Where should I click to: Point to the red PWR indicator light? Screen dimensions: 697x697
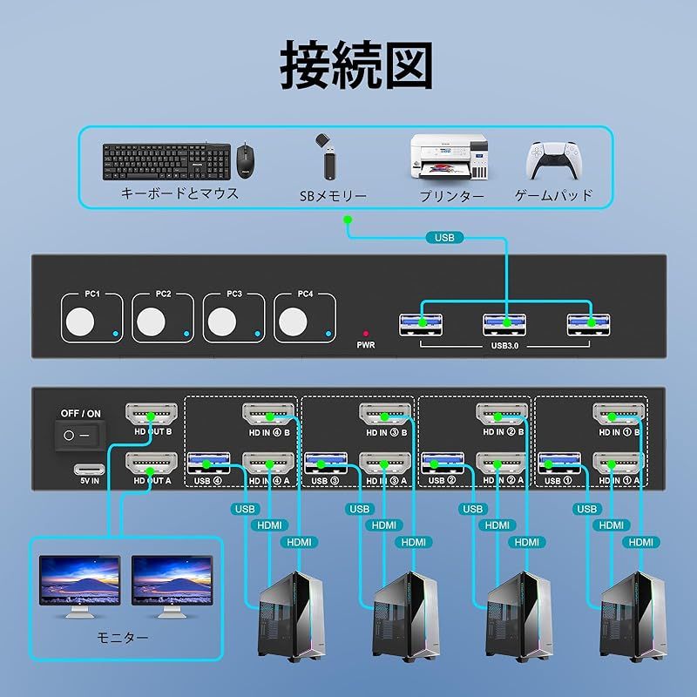pos(366,333)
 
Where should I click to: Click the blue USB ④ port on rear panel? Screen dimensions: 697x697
pos(208,462)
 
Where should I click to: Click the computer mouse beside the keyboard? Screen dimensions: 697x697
pos(246,160)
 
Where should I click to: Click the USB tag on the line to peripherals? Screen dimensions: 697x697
pos(444,237)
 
